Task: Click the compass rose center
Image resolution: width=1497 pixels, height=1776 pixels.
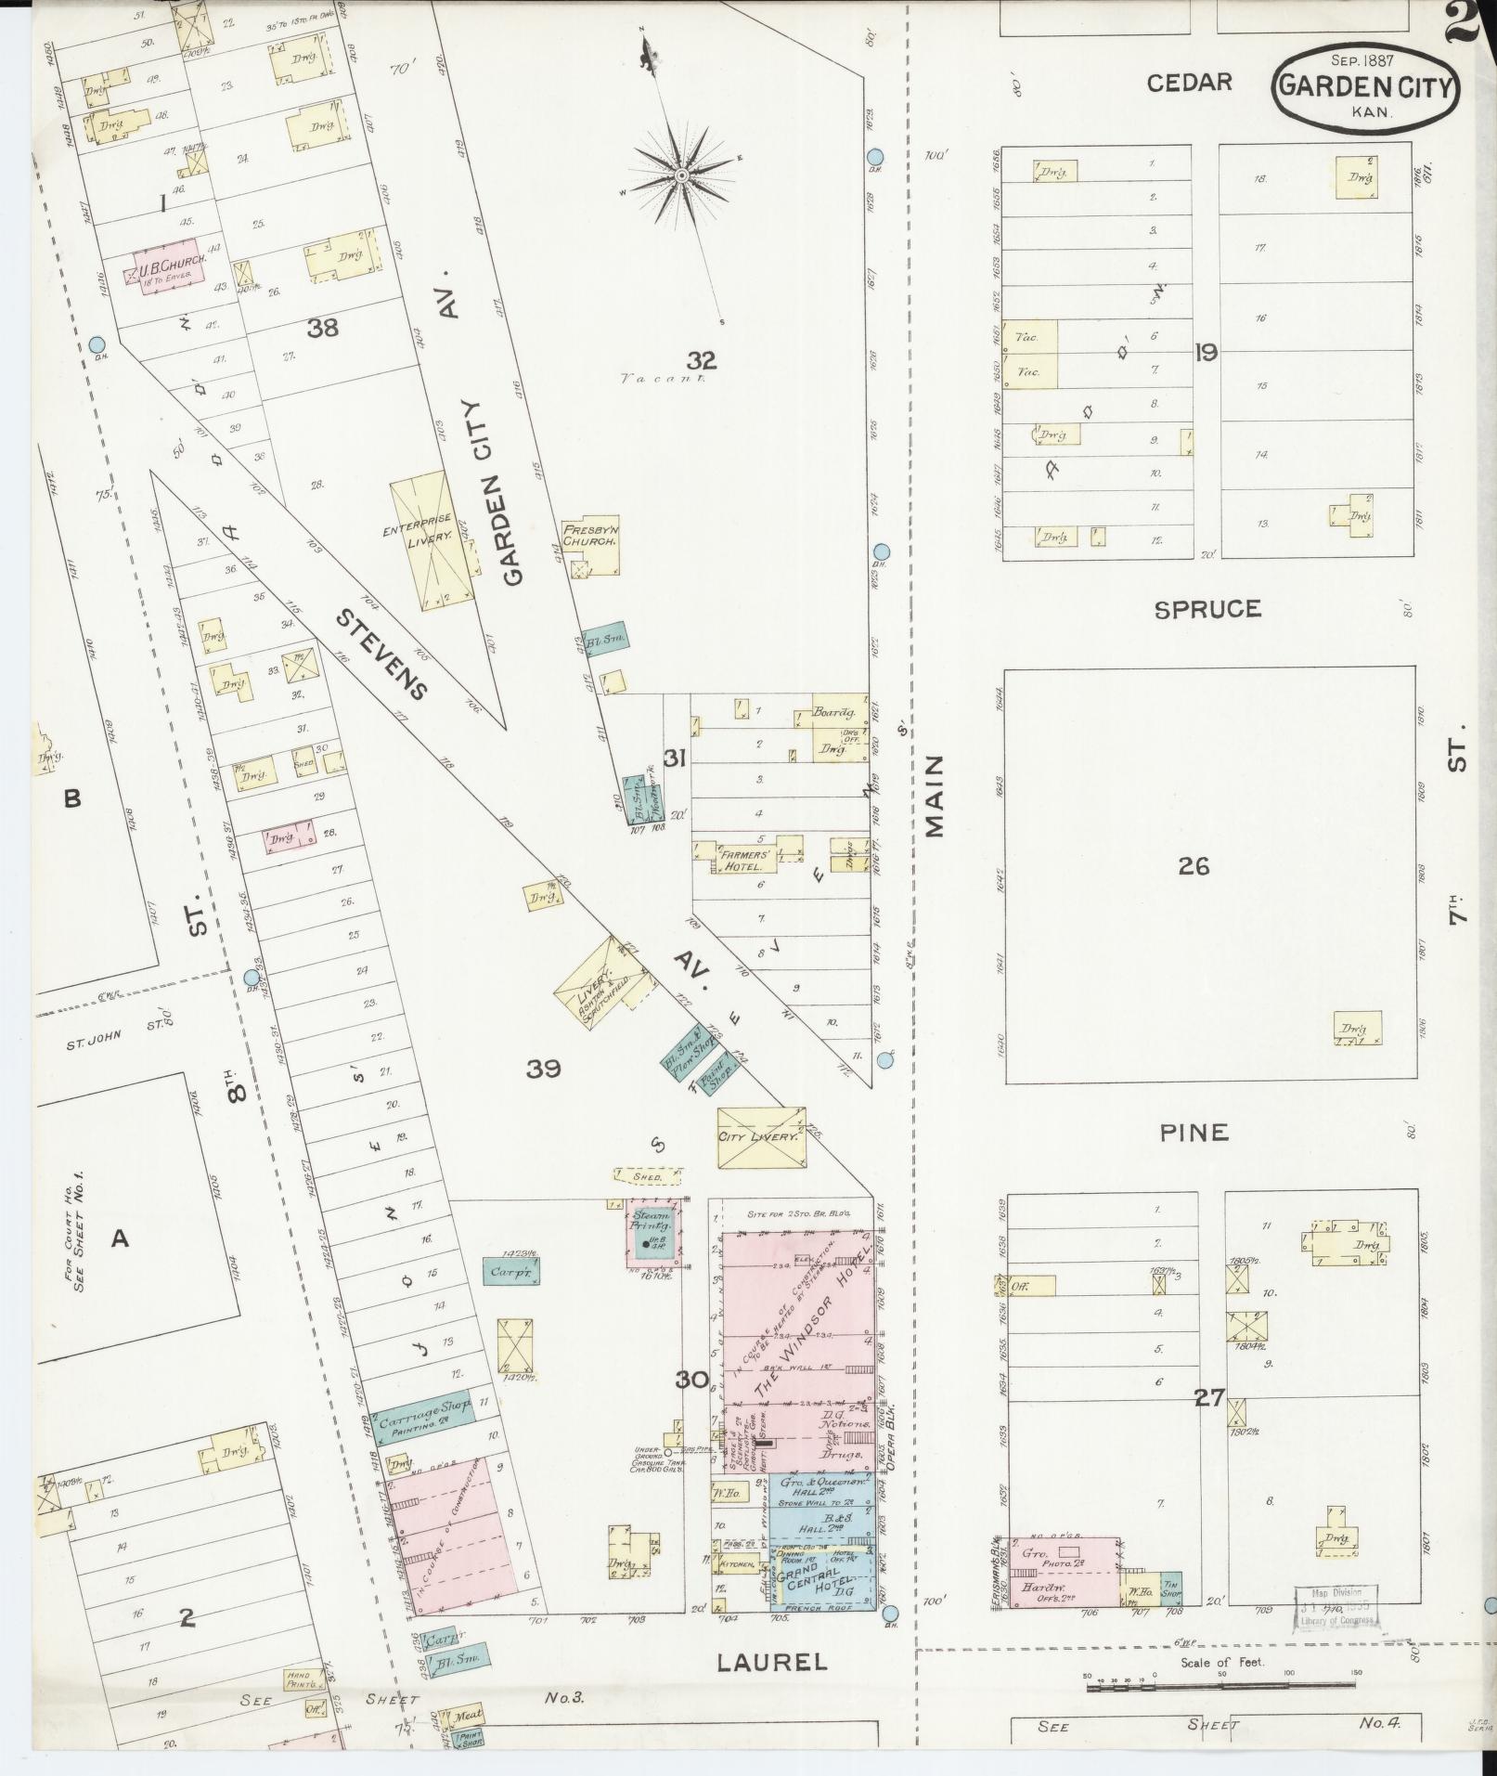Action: tap(680, 175)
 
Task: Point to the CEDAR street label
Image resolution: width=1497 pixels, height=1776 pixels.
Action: tap(1189, 83)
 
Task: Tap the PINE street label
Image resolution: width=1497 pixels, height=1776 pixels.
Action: tap(1194, 1133)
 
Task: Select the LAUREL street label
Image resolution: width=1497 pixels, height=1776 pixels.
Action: tap(771, 1662)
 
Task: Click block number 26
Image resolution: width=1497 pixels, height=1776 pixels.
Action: tap(1194, 866)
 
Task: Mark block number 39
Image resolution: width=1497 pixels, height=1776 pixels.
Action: tap(543, 1069)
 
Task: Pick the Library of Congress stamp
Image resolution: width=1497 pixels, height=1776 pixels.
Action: tap(1336, 1606)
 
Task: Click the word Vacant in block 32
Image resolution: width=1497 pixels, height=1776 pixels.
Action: tap(663, 379)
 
